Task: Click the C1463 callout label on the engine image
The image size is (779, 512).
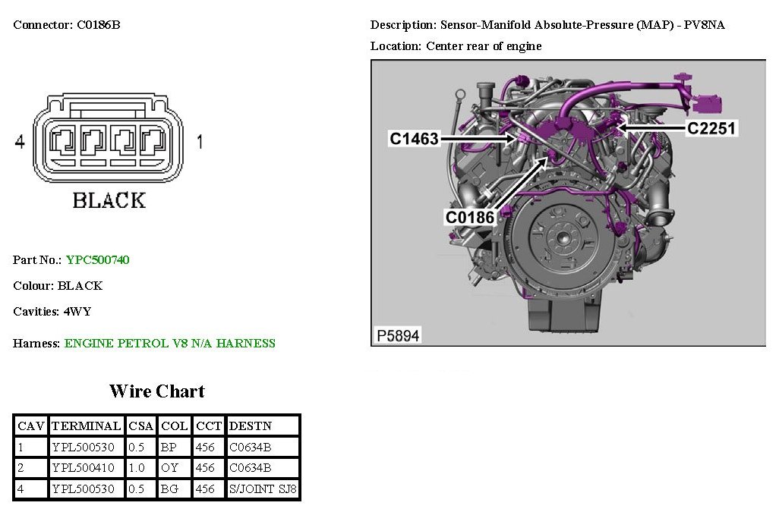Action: click(415, 139)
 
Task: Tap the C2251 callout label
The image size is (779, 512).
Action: click(711, 128)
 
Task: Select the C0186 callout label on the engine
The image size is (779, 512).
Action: click(470, 218)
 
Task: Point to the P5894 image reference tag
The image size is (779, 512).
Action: click(397, 335)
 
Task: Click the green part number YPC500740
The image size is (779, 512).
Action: click(97, 260)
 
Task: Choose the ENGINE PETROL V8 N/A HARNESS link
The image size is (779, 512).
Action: click(169, 344)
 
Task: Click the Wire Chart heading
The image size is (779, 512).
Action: click(157, 391)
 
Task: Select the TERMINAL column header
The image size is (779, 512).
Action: click(86, 426)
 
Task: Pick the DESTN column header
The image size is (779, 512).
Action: click(250, 426)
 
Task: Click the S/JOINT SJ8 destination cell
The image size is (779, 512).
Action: click(263, 489)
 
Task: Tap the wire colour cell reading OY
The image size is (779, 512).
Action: click(169, 468)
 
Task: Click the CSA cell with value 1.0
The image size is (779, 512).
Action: click(137, 468)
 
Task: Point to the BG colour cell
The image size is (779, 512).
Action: click(169, 489)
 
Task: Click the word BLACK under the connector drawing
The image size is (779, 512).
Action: click(109, 201)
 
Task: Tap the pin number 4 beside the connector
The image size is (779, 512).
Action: click(20, 142)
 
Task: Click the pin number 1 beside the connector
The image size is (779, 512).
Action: click(200, 142)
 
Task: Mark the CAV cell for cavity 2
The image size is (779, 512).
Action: click(21, 468)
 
